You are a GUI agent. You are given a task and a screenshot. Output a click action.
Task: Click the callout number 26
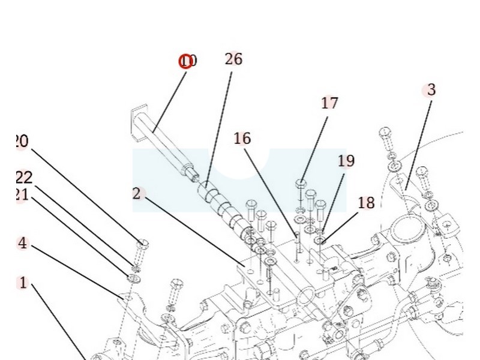point(233,59)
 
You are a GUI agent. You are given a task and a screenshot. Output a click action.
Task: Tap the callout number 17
point(329,103)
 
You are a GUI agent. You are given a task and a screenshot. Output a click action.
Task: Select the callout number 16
point(242,139)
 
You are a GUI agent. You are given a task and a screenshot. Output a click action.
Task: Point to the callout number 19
point(346,161)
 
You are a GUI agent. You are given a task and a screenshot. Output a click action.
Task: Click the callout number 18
point(366,203)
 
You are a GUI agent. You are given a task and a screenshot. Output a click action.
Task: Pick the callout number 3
point(431,90)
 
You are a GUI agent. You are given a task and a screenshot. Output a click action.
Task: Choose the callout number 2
point(137,193)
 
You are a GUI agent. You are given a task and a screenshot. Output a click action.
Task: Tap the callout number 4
point(23,244)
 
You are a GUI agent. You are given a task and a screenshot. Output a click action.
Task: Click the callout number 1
point(23,283)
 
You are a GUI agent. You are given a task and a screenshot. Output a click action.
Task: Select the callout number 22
point(24,178)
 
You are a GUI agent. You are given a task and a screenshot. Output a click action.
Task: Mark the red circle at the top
point(186,61)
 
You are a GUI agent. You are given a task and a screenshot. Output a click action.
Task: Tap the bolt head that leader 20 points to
point(143,244)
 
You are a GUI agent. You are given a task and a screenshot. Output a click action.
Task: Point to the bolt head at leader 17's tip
point(301,182)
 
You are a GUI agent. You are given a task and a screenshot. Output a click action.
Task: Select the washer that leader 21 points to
point(132,277)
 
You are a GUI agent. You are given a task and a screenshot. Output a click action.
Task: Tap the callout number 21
point(22,195)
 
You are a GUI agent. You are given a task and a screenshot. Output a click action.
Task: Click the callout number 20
point(20,142)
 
